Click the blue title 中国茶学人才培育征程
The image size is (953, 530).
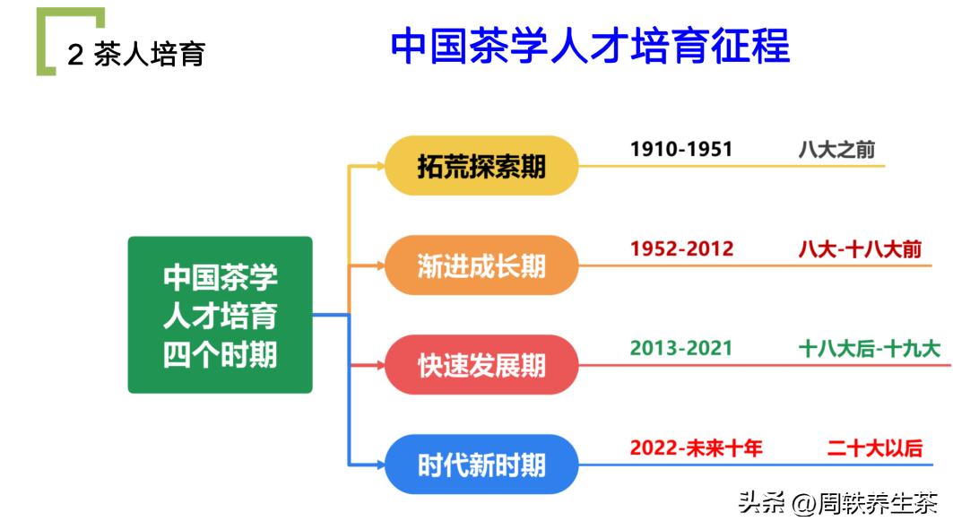590,48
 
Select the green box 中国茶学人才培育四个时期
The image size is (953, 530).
221,315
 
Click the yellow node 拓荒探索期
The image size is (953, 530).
481,166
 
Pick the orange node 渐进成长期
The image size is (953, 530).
481,265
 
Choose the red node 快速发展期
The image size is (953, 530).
481,365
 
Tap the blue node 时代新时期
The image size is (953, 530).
481,465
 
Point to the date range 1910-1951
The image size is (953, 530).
681,149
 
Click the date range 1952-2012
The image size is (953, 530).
681,248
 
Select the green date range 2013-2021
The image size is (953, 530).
681,348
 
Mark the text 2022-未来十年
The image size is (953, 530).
696,447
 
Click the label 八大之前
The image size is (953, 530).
836,149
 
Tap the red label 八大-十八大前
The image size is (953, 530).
860,248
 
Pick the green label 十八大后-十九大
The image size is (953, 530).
869,348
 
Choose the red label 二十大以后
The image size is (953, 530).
874,447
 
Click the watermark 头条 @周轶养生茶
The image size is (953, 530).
837,503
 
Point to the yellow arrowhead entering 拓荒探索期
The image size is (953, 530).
379,166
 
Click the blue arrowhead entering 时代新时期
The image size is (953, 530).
379,465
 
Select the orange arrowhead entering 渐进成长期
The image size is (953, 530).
379,265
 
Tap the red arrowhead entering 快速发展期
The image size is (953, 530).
379,365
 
